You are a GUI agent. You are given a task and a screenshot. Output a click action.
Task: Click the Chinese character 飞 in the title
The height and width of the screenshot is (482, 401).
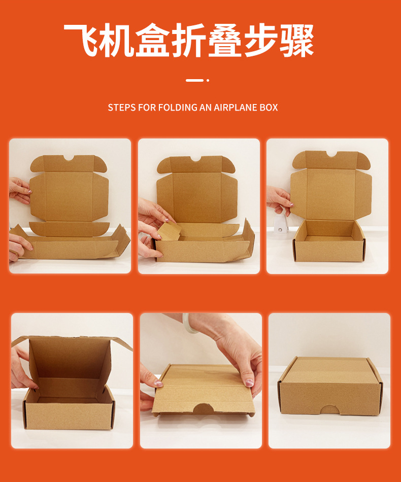coord(81,40)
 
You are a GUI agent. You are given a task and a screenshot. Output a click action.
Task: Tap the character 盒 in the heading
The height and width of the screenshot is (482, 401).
coord(153,40)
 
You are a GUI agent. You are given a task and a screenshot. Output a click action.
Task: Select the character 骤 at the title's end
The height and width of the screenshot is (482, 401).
coord(297,40)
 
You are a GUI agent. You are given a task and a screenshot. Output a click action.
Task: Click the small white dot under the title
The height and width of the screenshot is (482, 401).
coord(208,80)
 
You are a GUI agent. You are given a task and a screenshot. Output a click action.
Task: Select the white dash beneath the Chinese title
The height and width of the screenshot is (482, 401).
coord(194,80)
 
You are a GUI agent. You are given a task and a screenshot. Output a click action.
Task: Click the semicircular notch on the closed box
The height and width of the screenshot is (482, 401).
coord(329,410)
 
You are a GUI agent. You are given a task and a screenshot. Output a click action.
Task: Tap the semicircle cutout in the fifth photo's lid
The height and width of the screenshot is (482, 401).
coord(203,409)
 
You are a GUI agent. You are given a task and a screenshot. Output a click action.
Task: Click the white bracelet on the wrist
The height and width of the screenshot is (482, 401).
coord(188,323)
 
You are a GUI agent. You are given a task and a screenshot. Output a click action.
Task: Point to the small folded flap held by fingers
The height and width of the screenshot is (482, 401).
coord(170,232)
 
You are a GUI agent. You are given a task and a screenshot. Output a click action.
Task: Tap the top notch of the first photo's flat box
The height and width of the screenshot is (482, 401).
coord(69,158)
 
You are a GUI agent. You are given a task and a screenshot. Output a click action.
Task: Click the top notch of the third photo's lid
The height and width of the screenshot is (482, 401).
coord(331,154)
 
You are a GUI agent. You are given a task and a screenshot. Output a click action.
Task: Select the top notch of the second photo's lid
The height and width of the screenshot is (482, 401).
coord(196,159)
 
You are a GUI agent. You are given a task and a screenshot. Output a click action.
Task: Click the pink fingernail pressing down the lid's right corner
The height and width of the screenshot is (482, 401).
coord(249,383)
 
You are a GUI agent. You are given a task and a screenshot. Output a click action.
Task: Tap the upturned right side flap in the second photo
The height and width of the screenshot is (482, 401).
coord(248,240)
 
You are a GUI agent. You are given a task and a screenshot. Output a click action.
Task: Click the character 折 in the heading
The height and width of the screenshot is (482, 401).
coord(189,40)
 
